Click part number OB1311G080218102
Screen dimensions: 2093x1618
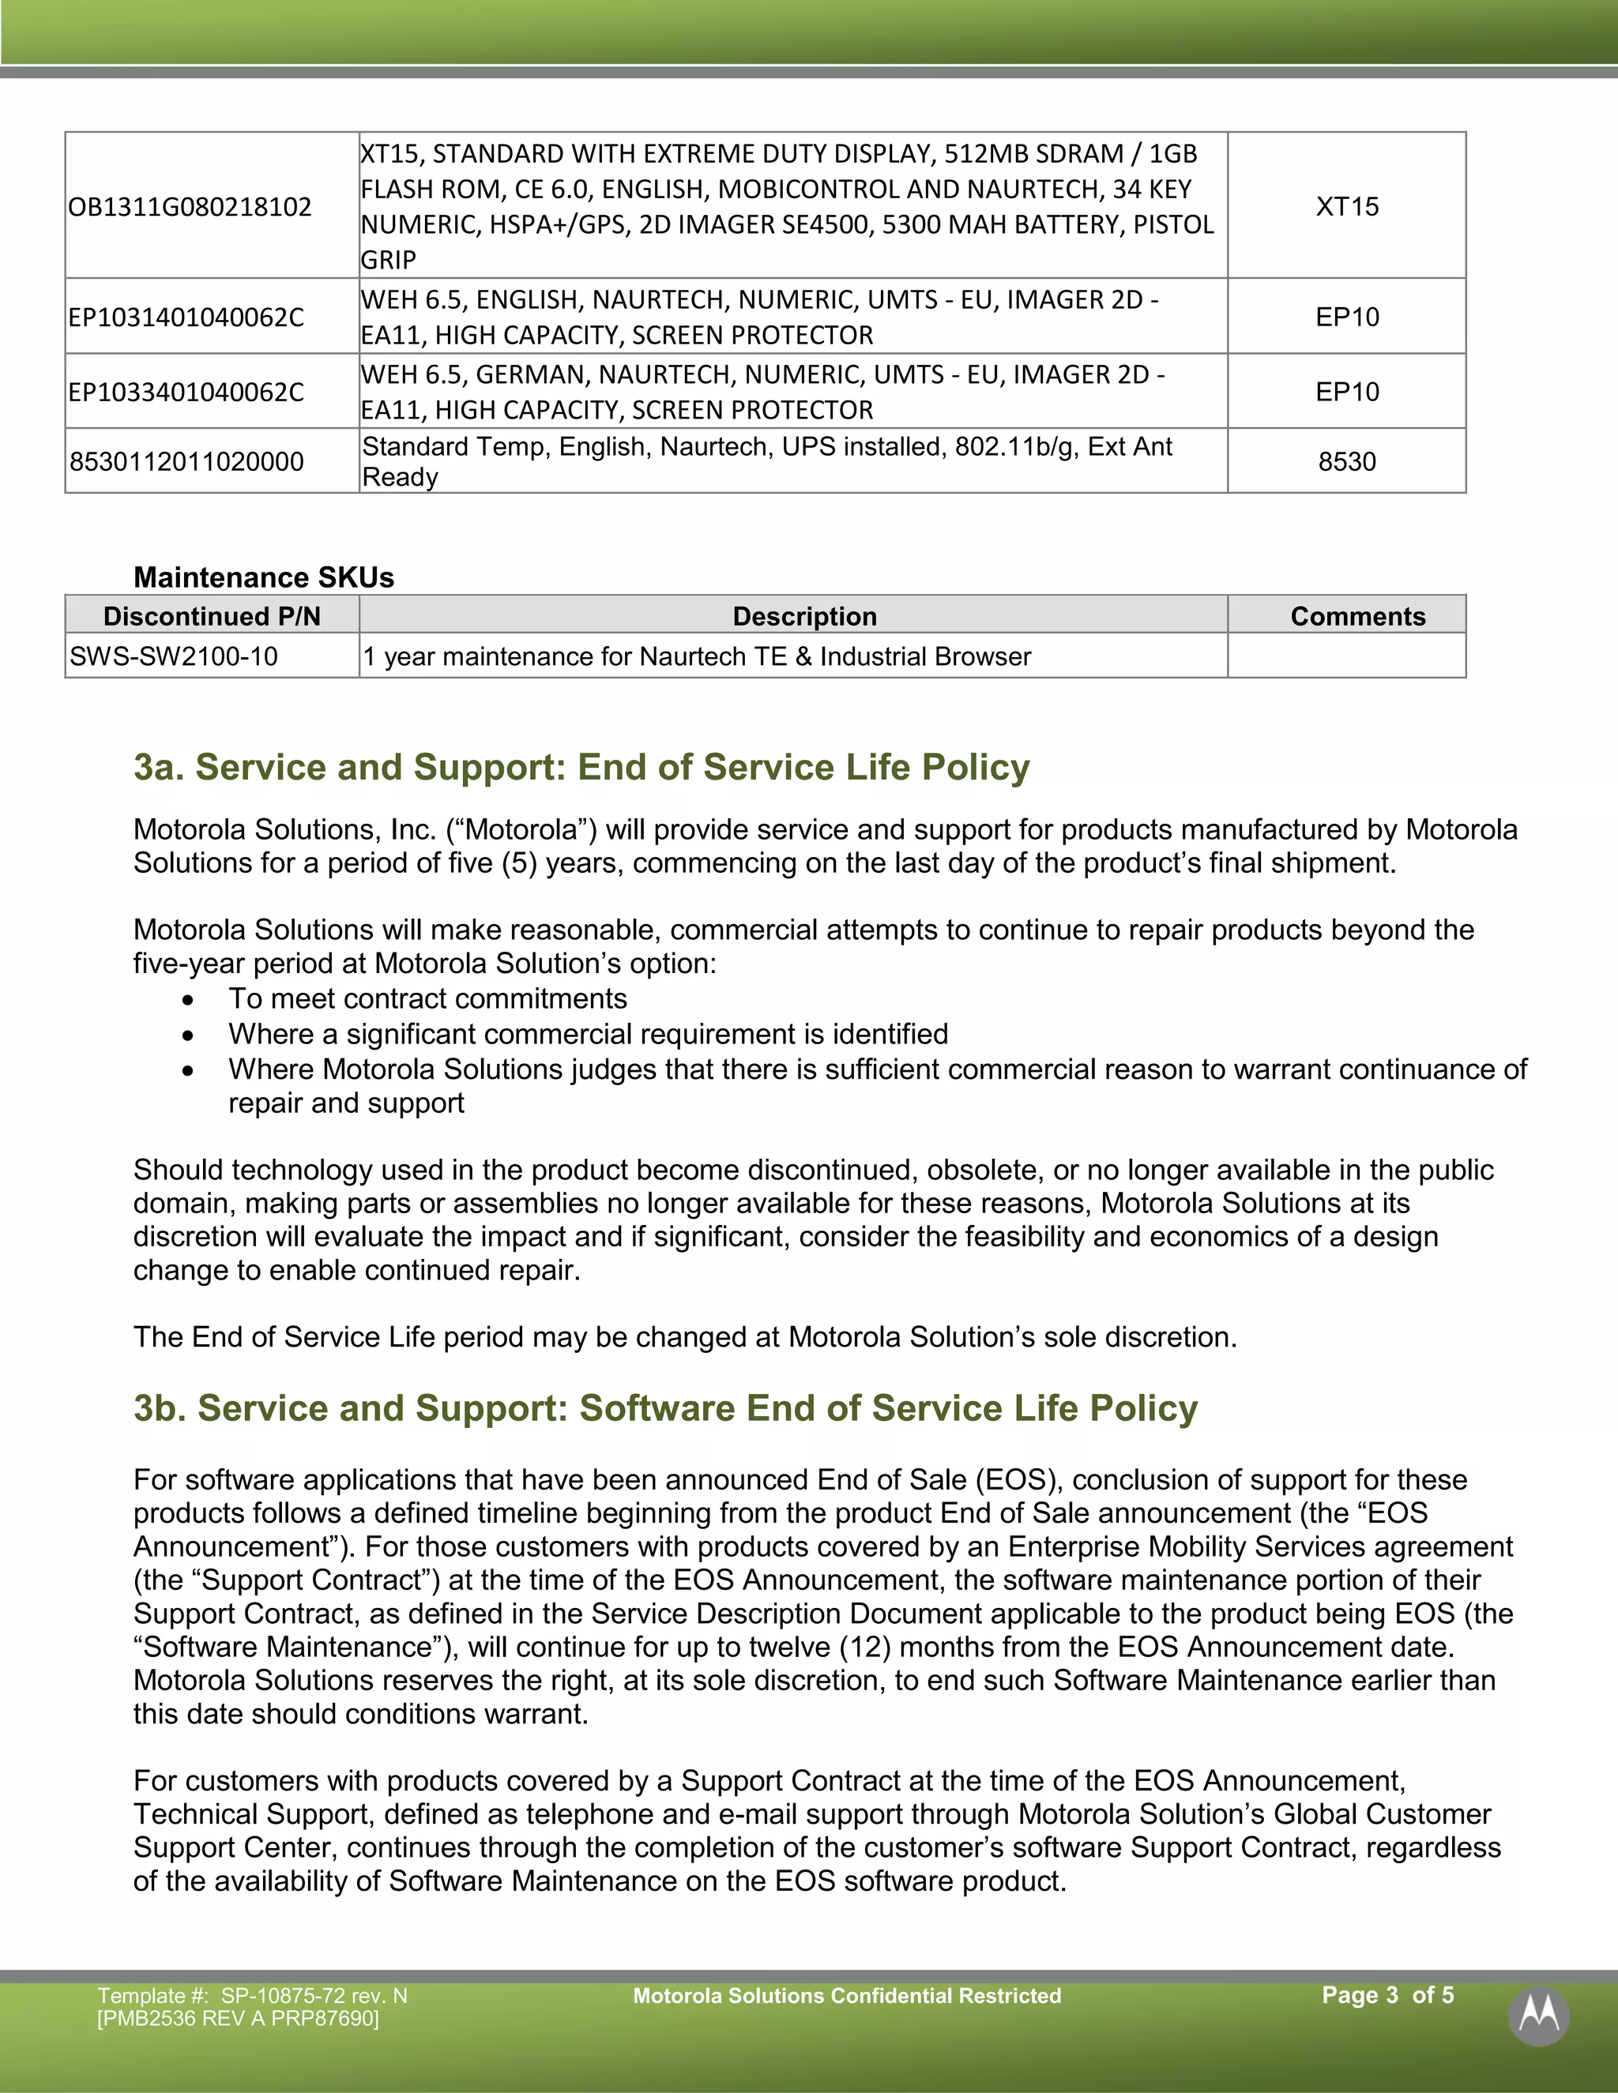pyautogui.click(x=190, y=207)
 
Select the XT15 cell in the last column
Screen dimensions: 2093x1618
pyautogui.click(x=1347, y=207)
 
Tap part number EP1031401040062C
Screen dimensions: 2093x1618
pyautogui.click(x=186, y=318)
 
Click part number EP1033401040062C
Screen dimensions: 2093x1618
pyautogui.click(x=186, y=392)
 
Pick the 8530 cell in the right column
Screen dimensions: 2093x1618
pyautogui.click(x=1347, y=462)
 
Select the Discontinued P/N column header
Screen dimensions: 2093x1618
pyautogui.click(x=212, y=616)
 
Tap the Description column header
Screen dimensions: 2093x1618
pyautogui.click(x=804, y=616)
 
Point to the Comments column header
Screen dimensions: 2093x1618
pyautogui.click(x=1357, y=616)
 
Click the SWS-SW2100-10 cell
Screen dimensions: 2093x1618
pyautogui.click(x=174, y=656)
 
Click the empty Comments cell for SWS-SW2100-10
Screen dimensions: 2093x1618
pyautogui.click(x=1347, y=656)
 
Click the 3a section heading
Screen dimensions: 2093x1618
pyautogui.click(x=581, y=768)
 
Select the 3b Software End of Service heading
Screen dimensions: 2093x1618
pyautogui.click(x=665, y=1407)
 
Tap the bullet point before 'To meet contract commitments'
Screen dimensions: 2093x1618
pyautogui.click(x=188, y=1001)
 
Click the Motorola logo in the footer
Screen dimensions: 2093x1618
pyautogui.click(x=1538, y=2016)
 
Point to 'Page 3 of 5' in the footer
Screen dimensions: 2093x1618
pyautogui.click(x=1387, y=1995)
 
